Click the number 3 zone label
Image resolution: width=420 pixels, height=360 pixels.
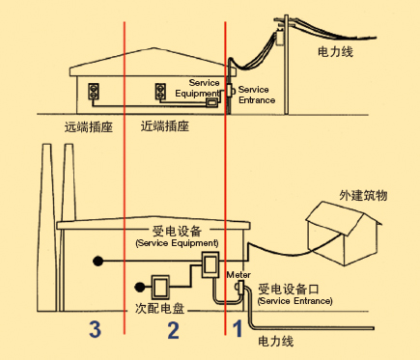(x=95, y=329)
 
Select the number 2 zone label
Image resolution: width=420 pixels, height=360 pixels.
(x=174, y=329)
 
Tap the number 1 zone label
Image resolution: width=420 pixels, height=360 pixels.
(x=238, y=329)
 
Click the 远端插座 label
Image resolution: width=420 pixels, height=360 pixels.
(x=83, y=125)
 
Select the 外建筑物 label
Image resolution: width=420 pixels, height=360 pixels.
(x=362, y=195)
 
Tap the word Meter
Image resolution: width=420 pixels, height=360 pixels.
(x=238, y=274)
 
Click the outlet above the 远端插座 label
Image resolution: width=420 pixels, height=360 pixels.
(x=94, y=93)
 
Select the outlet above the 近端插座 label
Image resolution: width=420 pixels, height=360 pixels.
(x=161, y=93)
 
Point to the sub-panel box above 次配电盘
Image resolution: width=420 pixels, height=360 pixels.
(x=160, y=286)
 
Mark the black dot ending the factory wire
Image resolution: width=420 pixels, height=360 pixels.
(x=98, y=261)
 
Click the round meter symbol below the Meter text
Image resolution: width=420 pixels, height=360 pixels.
(x=238, y=288)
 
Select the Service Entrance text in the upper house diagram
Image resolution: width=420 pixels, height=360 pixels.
(x=256, y=95)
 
